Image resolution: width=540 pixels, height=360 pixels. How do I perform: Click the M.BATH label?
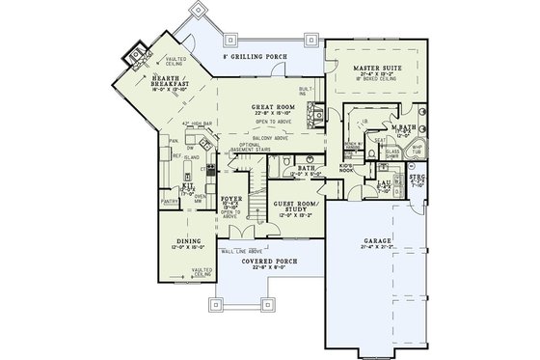[x=403, y=127]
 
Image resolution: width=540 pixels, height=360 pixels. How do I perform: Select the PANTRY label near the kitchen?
[x=173, y=202]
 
